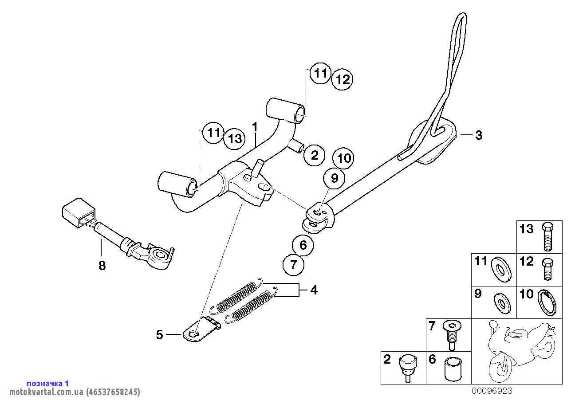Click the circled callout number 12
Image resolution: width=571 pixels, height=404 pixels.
(343, 80)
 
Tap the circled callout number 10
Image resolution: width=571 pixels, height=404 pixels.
(344, 158)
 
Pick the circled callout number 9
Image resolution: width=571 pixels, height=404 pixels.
(334, 178)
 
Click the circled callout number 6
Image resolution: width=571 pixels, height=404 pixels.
(303, 245)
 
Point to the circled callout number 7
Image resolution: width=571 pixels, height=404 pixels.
(293, 265)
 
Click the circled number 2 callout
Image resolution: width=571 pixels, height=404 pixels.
(315, 155)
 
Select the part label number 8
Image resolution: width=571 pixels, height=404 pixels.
(102, 266)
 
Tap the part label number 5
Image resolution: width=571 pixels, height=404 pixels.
(160, 335)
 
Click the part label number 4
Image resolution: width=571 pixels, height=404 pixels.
(314, 290)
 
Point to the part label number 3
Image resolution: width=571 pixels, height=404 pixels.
(478, 135)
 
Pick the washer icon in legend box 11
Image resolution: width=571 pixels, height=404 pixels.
(501, 269)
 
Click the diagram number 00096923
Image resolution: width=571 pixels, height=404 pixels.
(492, 391)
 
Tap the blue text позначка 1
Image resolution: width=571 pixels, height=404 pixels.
(48, 383)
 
